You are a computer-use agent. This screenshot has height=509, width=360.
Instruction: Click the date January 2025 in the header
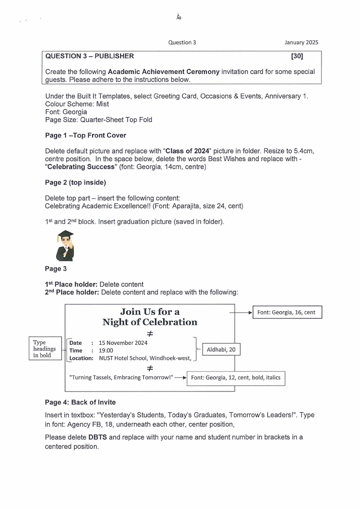point(301,43)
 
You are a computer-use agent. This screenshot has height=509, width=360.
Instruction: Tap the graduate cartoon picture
point(65,245)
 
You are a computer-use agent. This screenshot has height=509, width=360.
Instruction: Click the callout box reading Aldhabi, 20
point(221,350)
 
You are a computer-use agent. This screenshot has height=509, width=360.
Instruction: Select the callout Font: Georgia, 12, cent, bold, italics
point(236,377)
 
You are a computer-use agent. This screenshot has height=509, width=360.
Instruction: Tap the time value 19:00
point(106,351)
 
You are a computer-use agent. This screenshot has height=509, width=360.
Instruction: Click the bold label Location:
point(81,358)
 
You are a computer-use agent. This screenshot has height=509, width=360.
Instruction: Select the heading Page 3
point(53,269)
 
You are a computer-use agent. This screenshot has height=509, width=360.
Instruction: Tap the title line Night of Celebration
point(150,323)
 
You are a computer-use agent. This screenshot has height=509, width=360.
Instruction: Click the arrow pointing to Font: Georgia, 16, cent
point(241,313)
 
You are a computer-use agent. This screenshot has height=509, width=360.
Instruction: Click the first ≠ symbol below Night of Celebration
point(150,334)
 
